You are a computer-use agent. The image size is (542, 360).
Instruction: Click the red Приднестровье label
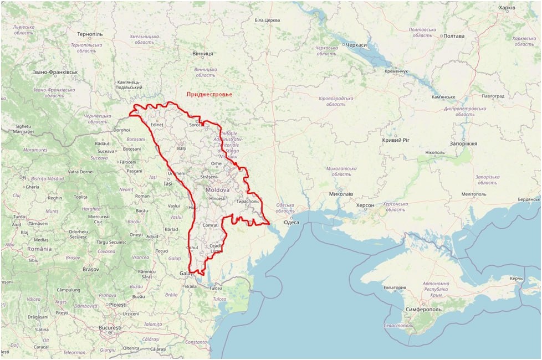(209, 94)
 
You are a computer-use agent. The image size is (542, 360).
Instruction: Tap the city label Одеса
(291, 223)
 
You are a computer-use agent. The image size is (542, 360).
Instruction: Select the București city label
(109, 328)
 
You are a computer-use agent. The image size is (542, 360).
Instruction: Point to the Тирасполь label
(247, 202)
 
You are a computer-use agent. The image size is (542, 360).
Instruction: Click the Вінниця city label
(202, 54)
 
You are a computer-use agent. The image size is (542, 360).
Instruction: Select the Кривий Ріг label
(395, 140)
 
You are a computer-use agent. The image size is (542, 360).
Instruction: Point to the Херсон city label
(365, 205)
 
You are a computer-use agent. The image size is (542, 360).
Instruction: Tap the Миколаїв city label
(341, 194)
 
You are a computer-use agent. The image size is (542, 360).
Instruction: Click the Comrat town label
(211, 226)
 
